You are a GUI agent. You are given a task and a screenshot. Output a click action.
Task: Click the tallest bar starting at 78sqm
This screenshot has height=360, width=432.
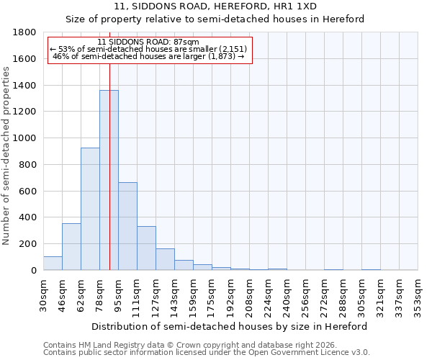109,180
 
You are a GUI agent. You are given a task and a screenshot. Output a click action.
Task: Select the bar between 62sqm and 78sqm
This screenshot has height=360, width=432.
90,209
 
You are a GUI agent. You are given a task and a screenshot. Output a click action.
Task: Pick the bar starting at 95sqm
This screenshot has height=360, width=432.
127,226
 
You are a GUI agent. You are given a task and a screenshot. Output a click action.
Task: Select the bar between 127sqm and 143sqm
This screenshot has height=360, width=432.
165,260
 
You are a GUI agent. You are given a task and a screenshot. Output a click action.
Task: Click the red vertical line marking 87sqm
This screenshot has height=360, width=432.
109,144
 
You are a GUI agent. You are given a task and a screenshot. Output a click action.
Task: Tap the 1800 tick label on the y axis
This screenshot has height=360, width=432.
24,32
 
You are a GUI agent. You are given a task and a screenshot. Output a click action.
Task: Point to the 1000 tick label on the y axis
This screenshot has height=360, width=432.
24,138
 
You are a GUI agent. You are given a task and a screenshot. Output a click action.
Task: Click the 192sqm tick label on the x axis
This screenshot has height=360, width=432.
231,294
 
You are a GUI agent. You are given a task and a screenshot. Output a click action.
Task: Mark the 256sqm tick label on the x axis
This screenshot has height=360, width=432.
306,294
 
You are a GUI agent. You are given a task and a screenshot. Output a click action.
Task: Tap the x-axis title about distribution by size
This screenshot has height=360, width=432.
230,326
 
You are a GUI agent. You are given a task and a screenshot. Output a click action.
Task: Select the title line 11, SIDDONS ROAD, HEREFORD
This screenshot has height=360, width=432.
215,6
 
